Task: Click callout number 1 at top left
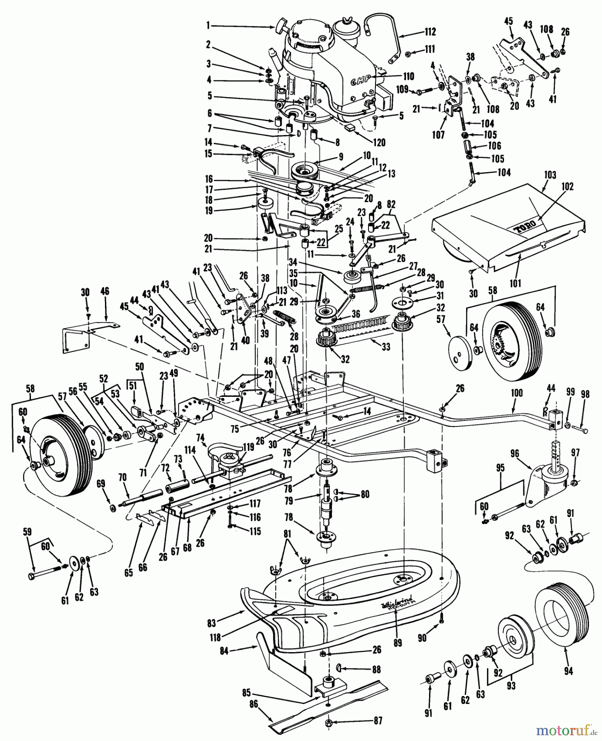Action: coord(208,26)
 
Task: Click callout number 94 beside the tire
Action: coord(568,671)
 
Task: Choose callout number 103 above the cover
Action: coord(549,175)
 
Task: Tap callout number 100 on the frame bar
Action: coord(516,393)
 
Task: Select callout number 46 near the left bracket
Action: coord(105,291)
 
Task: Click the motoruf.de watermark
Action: coord(567,731)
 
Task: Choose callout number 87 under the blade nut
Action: coord(378,721)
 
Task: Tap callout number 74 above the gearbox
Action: coord(200,437)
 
